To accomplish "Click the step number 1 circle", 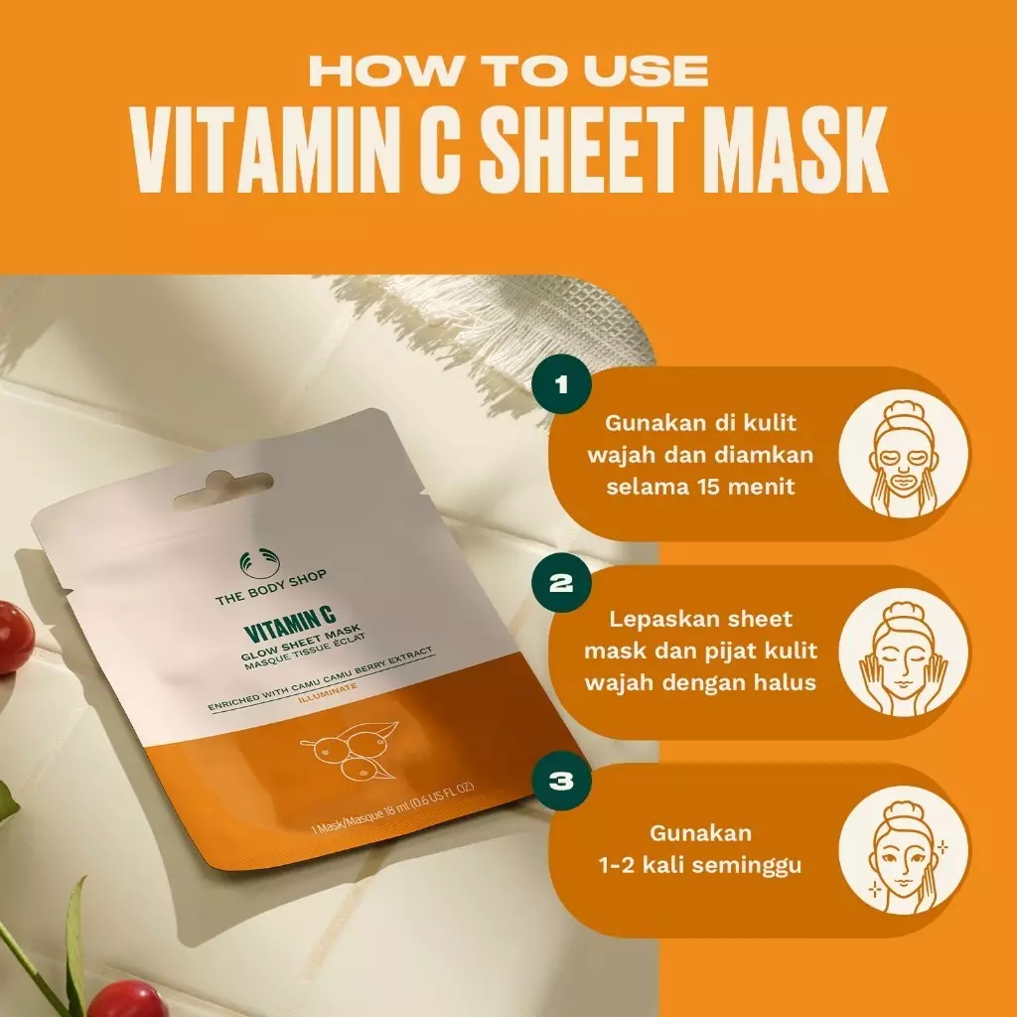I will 561,385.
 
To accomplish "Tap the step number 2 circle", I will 561,583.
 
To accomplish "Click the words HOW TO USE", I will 508,71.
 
